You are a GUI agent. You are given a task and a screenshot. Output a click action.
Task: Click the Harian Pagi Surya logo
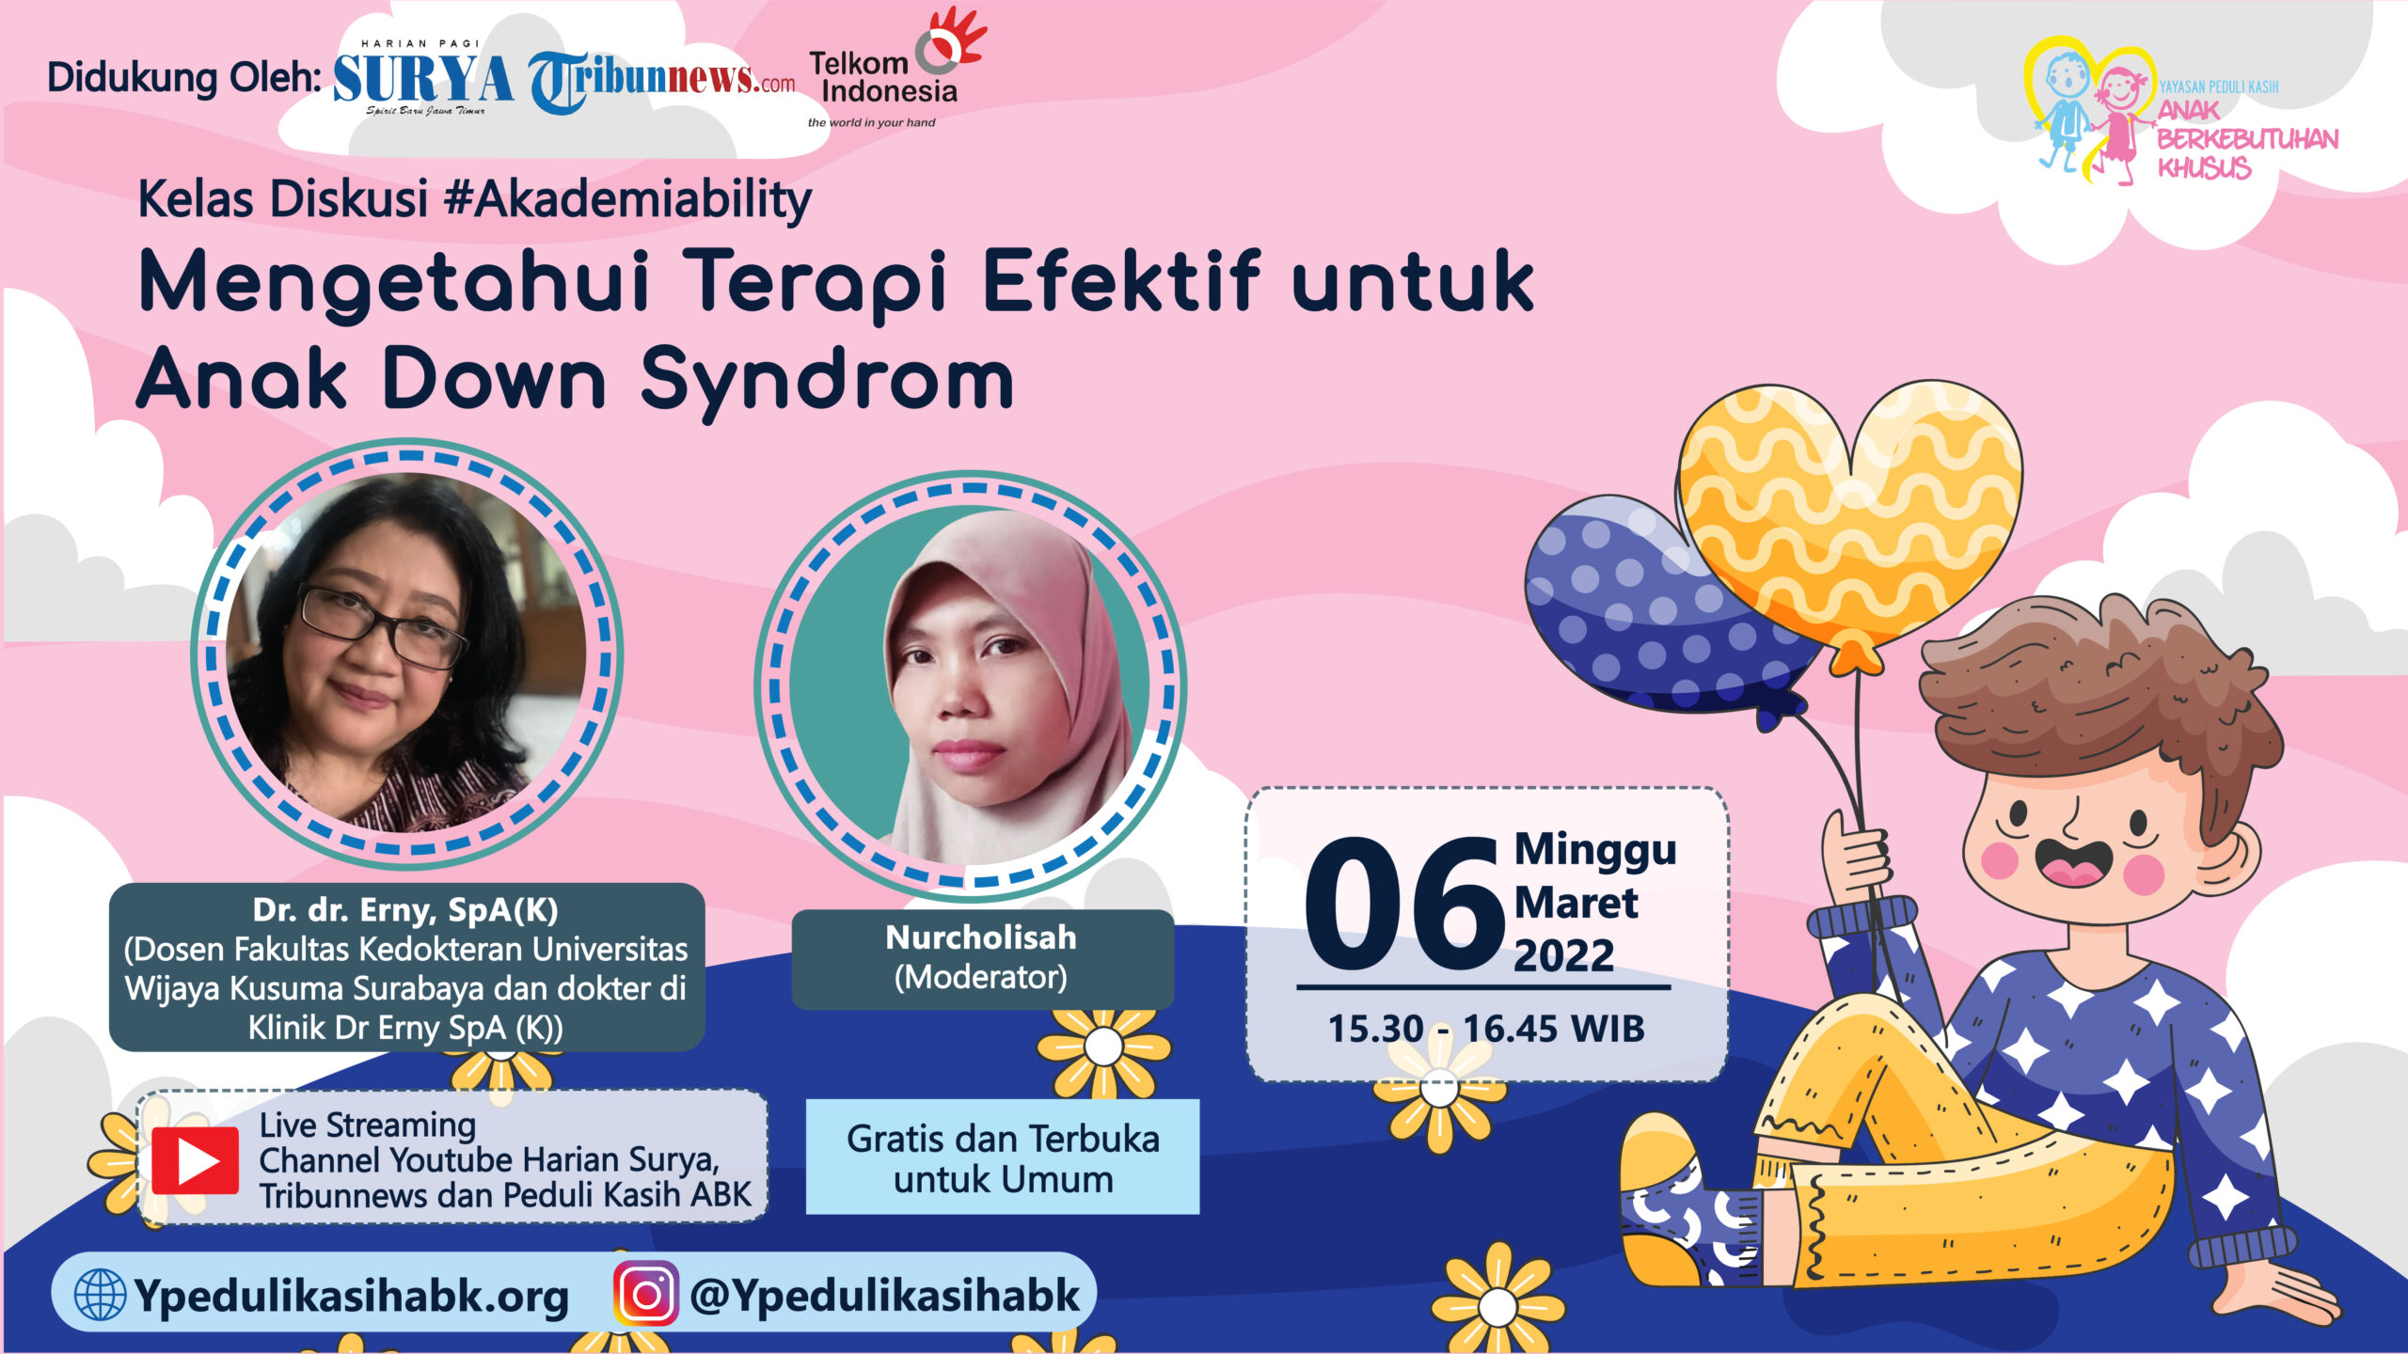point(423,77)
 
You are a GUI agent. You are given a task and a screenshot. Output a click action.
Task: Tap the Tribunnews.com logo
point(661,82)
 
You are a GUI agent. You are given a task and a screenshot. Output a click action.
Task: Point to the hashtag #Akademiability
point(627,199)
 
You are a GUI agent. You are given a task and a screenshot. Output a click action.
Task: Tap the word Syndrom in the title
point(828,380)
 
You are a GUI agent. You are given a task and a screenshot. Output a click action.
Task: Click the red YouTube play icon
point(196,1160)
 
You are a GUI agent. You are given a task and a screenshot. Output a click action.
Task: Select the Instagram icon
point(646,1294)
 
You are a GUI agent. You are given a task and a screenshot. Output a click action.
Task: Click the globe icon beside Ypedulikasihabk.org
point(100,1295)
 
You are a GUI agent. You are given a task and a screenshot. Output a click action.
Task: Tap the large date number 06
point(1404,904)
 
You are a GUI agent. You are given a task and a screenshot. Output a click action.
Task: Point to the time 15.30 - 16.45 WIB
point(1486,1029)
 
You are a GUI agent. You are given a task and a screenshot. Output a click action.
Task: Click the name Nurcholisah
point(981,937)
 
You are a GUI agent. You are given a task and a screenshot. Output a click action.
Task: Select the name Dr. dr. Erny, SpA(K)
point(405,909)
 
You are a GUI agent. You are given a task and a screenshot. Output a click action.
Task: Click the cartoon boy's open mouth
point(2073,862)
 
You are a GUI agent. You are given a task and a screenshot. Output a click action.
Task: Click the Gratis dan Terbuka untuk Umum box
point(1003,1157)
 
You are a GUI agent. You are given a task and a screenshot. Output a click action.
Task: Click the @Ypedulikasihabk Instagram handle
point(885,1296)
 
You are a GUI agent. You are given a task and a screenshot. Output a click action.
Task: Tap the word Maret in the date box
point(1576,903)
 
